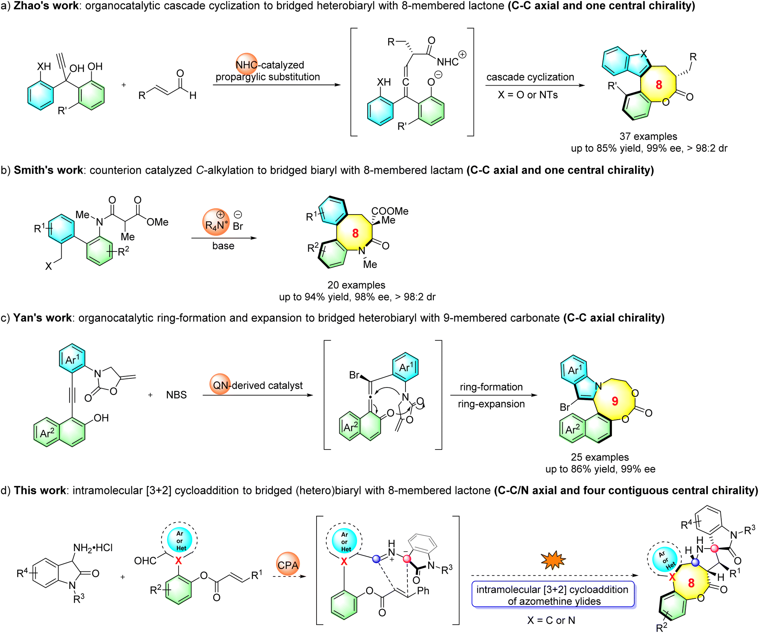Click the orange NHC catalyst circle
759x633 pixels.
pos(247,64)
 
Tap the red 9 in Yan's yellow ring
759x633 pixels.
pos(615,401)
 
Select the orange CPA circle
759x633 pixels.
pos(288,565)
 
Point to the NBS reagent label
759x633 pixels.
pos(176,395)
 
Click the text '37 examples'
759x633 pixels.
pos(648,136)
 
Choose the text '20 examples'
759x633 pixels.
pos(356,285)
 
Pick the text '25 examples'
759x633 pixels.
pos(600,457)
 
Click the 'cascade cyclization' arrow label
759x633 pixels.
pos(530,77)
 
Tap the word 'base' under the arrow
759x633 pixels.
pos(223,246)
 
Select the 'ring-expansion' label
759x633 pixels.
pos(491,404)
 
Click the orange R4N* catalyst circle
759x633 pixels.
pos(216,222)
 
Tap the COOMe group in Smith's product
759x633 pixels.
pos(390,211)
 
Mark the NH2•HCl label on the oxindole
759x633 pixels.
pos(93,547)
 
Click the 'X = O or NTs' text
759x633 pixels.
pos(527,95)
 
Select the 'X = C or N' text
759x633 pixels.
pos(551,620)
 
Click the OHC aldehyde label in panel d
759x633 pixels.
pos(145,561)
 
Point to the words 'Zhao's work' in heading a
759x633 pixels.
pos(46,6)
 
